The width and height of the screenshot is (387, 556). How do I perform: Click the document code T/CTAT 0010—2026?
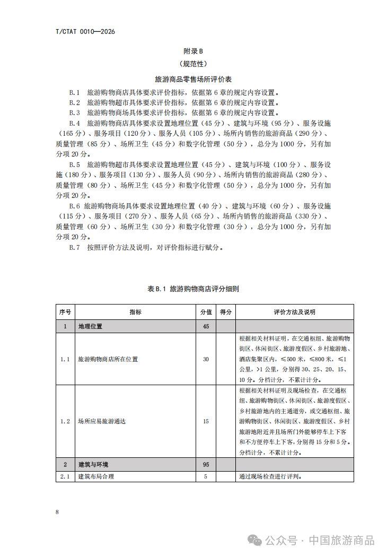(x=85, y=32)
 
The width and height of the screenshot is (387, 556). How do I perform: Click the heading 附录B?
(x=193, y=51)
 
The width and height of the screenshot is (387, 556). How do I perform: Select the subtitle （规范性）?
(x=193, y=65)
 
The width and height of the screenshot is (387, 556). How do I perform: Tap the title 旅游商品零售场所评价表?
(x=193, y=79)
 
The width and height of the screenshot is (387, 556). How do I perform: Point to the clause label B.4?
(x=74, y=123)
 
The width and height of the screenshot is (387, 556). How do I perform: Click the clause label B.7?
(x=74, y=247)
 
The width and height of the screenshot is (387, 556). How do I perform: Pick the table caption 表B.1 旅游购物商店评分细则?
(x=193, y=289)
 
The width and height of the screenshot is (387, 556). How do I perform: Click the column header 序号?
(x=65, y=312)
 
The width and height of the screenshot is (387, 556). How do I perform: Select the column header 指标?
(x=135, y=312)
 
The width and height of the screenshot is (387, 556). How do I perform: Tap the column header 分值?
(x=206, y=312)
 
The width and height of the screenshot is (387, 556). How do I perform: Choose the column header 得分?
(x=226, y=312)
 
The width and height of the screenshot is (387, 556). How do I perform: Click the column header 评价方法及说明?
(x=294, y=312)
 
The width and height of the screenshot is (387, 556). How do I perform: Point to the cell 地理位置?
(x=90, y=326)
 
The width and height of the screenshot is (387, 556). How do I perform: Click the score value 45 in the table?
(x=206, y=326)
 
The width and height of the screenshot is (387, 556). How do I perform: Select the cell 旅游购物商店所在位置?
(x=108, y=359)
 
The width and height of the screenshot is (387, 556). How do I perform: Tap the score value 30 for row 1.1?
(x=206, y=359)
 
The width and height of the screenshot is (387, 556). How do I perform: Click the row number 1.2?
(x=65, y=421)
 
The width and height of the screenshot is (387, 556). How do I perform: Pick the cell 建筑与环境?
(x=93, y=464)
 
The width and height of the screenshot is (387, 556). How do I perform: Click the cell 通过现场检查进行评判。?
(x=270, y=476)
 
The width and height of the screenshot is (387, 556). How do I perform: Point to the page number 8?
(x=57, y=512)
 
